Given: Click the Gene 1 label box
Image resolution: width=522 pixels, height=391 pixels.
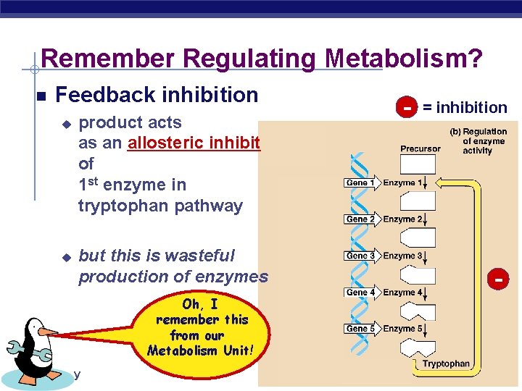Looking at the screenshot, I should pyautogui.click(x=360, y=183).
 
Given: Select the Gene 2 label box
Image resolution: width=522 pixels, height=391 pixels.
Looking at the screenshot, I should pyautogui.click(x=360, y=219).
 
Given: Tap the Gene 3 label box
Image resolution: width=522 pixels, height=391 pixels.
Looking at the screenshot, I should pyautogui.click(x=360, y=256).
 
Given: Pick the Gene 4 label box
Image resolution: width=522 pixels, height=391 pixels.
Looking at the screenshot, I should pyautogui.click(x=360, y=293).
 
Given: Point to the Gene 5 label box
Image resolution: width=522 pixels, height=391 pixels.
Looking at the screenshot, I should pyautogui.click(x=360, y=329).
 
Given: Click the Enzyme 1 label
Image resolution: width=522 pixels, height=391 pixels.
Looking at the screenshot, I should pyautogui.click(x=402, y=183).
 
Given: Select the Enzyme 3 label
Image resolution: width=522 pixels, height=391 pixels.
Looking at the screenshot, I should pyautogui.click(x=402, y=256).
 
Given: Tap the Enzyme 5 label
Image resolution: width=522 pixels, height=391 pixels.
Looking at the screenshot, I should pyautogui.click(x=402, y=329).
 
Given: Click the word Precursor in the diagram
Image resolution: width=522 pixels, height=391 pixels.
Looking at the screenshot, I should pyautogui.click(x=420, y=148).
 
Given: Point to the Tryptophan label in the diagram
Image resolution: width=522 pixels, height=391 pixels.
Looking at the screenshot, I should pyautogui.click(x=446, y=363).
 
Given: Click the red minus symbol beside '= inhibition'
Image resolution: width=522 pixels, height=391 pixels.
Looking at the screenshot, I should pyautogui.click(x=407, y=107).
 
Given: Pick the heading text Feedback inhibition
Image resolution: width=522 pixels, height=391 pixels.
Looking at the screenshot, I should pyautogui.click(x=157, y=95).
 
